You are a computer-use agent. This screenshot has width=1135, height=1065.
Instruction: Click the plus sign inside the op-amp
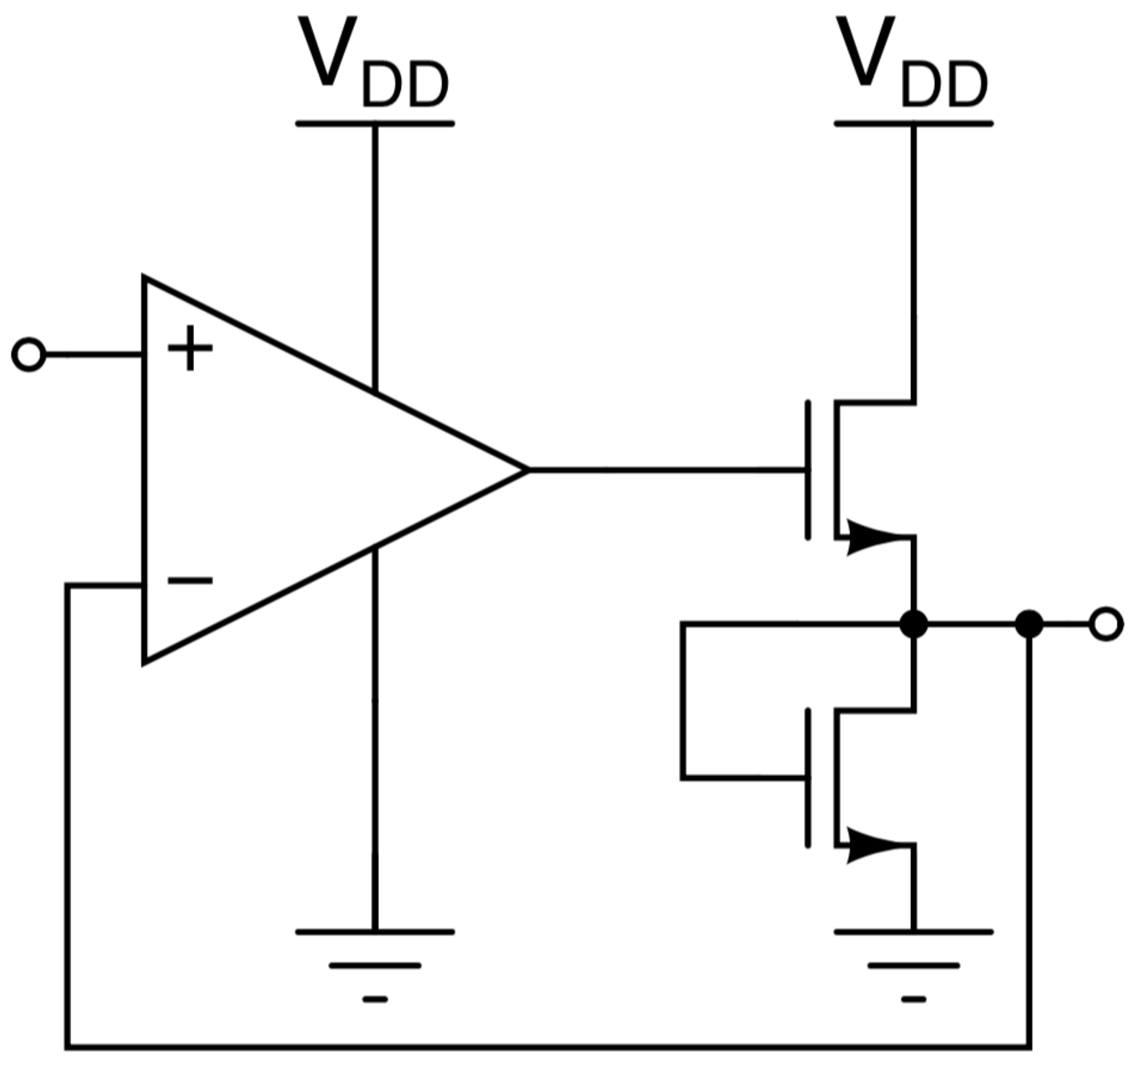(190, 348)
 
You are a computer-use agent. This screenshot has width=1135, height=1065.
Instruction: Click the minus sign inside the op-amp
(190, 580)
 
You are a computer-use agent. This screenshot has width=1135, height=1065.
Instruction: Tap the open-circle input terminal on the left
(28, 355)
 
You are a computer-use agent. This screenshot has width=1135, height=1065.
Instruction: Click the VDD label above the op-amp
(374, 63)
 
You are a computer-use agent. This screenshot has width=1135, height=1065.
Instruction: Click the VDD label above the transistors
(913, 63)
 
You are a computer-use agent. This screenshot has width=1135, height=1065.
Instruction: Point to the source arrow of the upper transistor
(874, 537)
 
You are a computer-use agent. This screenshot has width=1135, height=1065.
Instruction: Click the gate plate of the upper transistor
(808, 470)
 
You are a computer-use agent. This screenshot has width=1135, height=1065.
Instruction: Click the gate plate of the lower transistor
(808, 778)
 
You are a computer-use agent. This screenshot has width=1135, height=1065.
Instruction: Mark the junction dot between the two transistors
(914, 624)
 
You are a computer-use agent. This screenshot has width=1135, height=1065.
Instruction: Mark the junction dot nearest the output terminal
(1029, 624)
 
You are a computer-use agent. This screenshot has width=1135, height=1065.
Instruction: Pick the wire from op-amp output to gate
(662, 470)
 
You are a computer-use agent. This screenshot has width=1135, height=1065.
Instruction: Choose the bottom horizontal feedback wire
(548, 1047)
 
